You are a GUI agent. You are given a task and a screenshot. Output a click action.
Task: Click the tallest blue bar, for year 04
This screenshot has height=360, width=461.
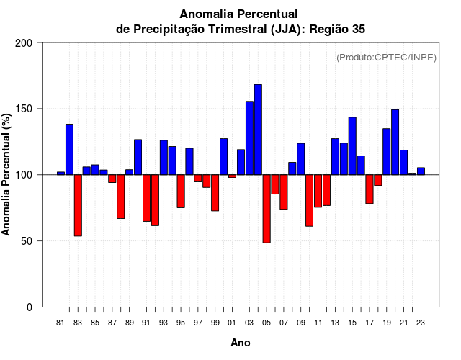click(x=258, y=130)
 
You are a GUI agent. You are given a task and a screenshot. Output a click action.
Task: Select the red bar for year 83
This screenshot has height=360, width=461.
click(x=78, y=205)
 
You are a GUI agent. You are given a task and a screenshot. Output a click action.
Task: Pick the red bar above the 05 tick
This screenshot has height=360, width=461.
click(x=267, y=209)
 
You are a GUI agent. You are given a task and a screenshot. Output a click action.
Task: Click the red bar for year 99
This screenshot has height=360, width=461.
click(x=215, y=193)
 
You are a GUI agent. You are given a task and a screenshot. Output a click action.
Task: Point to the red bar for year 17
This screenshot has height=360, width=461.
click(x=370, y=189)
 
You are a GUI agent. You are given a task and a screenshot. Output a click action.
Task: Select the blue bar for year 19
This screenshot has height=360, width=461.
click(x=386, y=152)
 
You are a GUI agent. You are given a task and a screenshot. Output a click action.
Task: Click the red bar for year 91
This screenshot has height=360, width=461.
click(x=146, y=198)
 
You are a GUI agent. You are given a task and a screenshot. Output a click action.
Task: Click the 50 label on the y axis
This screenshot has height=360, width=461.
click(x=28, y=241)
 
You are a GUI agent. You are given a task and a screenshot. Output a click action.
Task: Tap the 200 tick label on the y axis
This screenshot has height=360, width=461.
click(x=24, y=43)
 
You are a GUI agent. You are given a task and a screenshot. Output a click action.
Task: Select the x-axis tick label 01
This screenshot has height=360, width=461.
click(x=232, y=323)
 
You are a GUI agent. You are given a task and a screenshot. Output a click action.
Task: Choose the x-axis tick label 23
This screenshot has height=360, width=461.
click(x=421, y=323)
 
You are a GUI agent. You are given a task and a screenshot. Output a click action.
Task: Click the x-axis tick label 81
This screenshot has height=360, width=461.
click(x=61, y=323)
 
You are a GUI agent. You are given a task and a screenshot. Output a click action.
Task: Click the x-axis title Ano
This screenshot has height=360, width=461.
click(x=241, y=343)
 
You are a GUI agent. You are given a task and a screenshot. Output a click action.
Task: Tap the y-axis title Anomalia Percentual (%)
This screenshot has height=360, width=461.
click(x=7, y=174)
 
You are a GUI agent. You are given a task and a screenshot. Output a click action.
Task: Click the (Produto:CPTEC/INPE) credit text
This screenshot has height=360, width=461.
click(x=386, y=57)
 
